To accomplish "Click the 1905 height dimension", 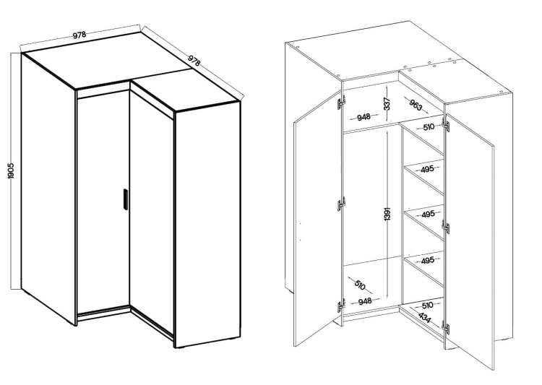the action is tap(11, 171).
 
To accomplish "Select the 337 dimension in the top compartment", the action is tap(387, 104).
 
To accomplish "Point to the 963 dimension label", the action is tap(416, 105).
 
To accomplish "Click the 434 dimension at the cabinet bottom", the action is tap(424, 318).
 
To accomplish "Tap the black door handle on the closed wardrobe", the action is tap(125, 199).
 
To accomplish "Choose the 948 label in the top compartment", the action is tap(364, 117).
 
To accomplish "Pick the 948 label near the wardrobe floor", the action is tap(365, 301).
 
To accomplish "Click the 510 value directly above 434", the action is tap(427, 306).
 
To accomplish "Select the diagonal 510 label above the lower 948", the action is tap(359, 285).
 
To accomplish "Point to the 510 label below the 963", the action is tap(429, 127).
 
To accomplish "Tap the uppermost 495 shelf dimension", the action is tap(427, 169).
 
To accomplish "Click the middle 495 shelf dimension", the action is tap(428, 215).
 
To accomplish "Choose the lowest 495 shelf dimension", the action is tap(428, 260).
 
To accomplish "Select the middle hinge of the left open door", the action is tap(341, 204).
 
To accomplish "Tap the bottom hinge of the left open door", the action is tap(341, 306).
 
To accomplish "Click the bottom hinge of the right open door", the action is tap(446, 327).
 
